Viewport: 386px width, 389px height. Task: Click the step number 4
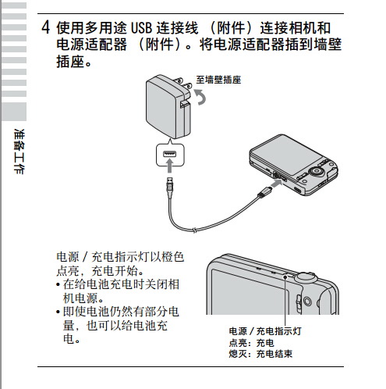[x=46, y=27]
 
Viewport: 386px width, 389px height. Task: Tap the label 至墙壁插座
[x=218, y=80]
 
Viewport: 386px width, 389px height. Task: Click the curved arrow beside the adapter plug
[x=200, y=96]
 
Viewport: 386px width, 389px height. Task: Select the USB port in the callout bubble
[x=169, y=154]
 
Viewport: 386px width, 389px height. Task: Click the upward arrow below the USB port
[x=169, y=166]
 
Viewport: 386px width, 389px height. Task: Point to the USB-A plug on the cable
[x=169, y=185]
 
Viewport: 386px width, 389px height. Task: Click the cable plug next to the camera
[x=264, y=192]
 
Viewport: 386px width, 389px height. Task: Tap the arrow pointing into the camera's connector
[x=276, y=184]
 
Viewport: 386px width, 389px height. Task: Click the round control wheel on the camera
[x=317, y=171]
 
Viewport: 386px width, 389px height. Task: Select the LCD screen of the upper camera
[x=285, y=156]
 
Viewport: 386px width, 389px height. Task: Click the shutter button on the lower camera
[x=305, y=277]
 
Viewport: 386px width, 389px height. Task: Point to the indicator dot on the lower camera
[x=285, y=277]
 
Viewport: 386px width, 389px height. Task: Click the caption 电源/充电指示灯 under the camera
[x=265, y=331]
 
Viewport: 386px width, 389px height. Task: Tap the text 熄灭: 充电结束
[x=260, y=354]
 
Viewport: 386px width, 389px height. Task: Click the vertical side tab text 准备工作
[x=19, y=152]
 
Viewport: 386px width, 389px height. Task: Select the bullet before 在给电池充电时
[x=58, y=284]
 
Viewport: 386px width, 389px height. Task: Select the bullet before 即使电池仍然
[x=58, y=312]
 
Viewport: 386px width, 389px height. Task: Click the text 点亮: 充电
[x=251, y=342]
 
